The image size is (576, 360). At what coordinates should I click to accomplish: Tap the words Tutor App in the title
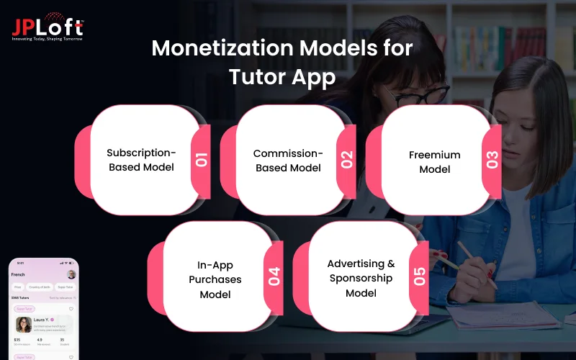[282, 76]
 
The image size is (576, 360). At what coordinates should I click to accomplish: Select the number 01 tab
[202, 159]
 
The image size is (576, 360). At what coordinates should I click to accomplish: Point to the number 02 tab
[348, 159]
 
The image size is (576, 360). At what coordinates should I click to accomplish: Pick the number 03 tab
[492, 159]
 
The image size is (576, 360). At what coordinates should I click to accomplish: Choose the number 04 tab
[274, 276]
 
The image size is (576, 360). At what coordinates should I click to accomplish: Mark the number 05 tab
[420, 276]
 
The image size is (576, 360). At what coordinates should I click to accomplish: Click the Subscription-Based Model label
[140, 160]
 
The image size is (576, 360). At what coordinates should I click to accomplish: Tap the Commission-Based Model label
[287, 160]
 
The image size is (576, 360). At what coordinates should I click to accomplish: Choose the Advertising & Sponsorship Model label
[361, 278]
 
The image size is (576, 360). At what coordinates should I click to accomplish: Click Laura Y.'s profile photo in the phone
[24, 325]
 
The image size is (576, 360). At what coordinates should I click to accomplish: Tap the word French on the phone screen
[19, 274]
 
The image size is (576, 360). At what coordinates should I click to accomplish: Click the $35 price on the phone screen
[17, 340]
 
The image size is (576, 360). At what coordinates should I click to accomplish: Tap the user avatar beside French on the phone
[71, 274]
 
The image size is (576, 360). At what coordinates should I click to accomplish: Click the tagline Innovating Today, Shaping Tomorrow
[48, 38]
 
